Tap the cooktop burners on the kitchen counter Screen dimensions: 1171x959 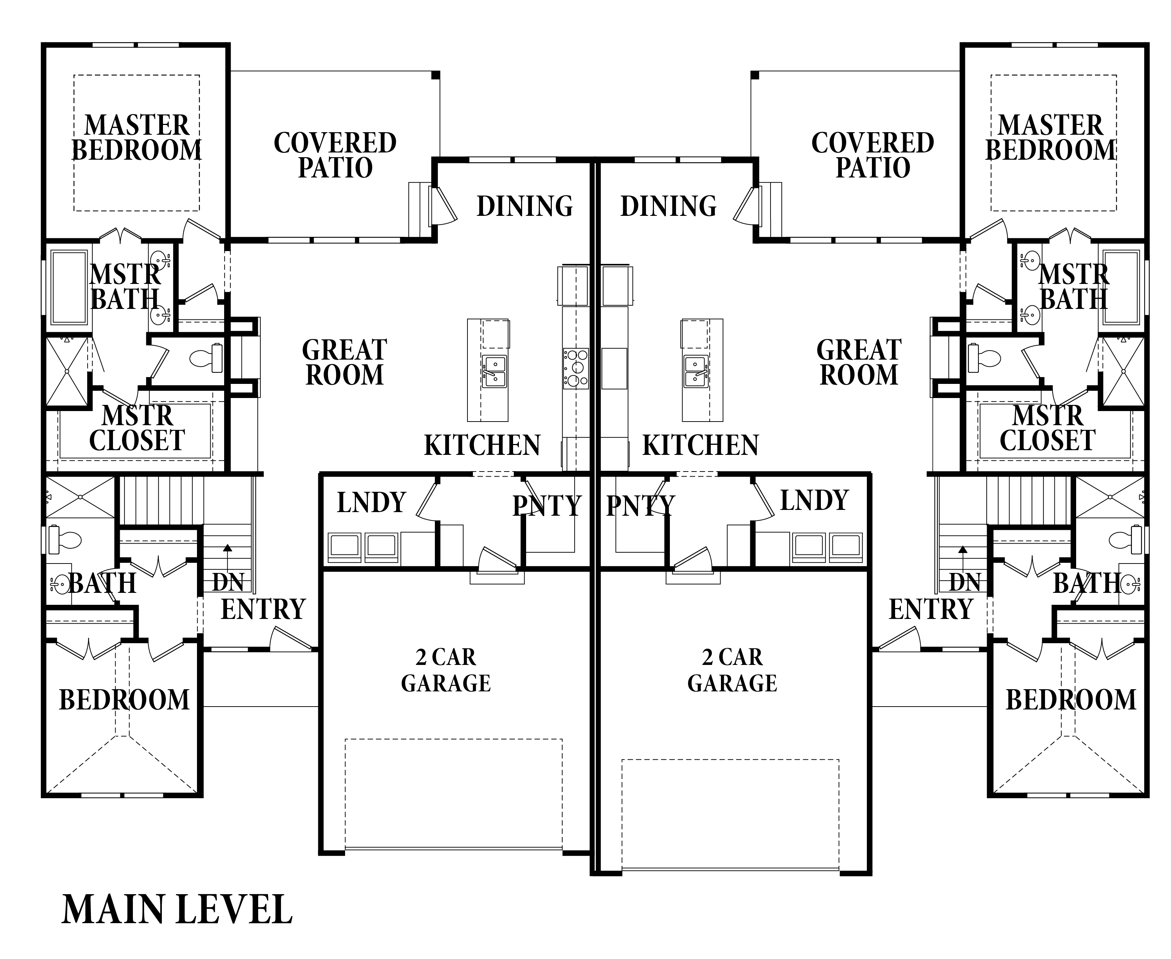576,368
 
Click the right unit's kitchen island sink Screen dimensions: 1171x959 696,371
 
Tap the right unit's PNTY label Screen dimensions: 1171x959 640,506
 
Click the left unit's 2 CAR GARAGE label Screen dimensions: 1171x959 446,670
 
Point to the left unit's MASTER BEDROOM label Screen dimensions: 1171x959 137,138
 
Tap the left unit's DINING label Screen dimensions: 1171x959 525,206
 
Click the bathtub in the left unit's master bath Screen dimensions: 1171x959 69,287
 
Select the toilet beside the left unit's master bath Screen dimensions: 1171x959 206,358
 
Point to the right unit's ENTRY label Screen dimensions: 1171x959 931,609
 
